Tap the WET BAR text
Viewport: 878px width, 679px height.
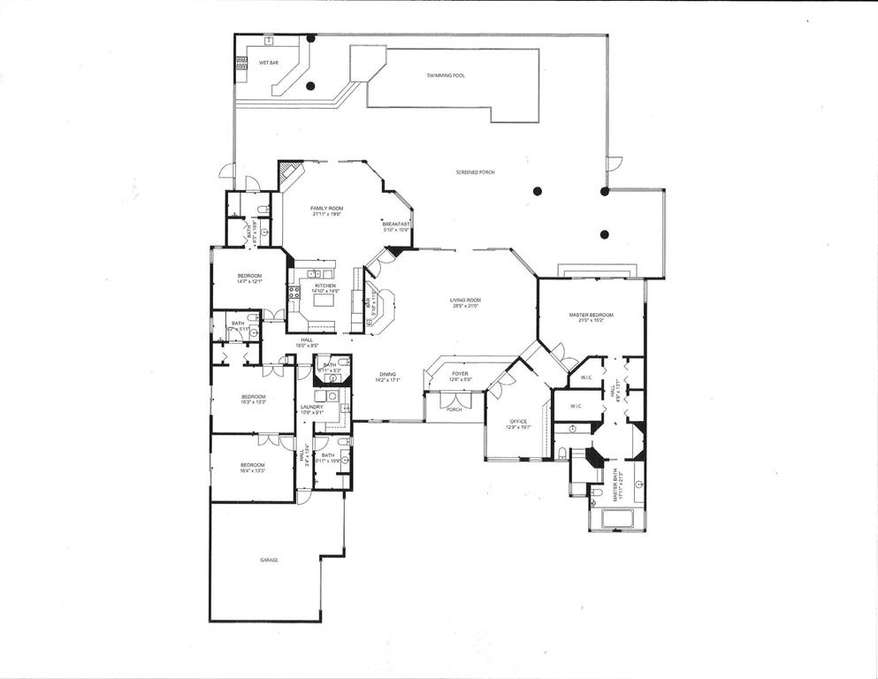click(x=269, y=64)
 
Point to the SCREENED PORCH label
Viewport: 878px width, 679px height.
click(x=475, y=172)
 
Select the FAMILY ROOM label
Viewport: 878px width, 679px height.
click(x=326, y=208)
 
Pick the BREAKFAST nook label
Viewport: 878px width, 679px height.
click(x=397, y=225)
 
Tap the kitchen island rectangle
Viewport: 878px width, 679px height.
click(x=324, y=300)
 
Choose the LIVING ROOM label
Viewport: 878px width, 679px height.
click(x=465, y=301)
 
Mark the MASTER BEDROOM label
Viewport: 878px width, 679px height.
click(x=591, y=315)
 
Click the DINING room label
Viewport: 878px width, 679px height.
click(x=388, y=374)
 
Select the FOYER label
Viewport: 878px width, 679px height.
click(x=461, y=374)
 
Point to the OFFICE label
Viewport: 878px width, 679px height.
click(x=518, y=421)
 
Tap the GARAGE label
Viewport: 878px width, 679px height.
click(x=269, y=560)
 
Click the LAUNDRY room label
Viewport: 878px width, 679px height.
click(x=311, y=407)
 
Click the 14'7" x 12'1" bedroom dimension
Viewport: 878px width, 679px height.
click(x=249, y=282)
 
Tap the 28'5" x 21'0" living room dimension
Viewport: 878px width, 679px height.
click(x=465, y=307)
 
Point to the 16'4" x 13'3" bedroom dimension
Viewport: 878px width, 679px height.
click(x=252, y=471)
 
